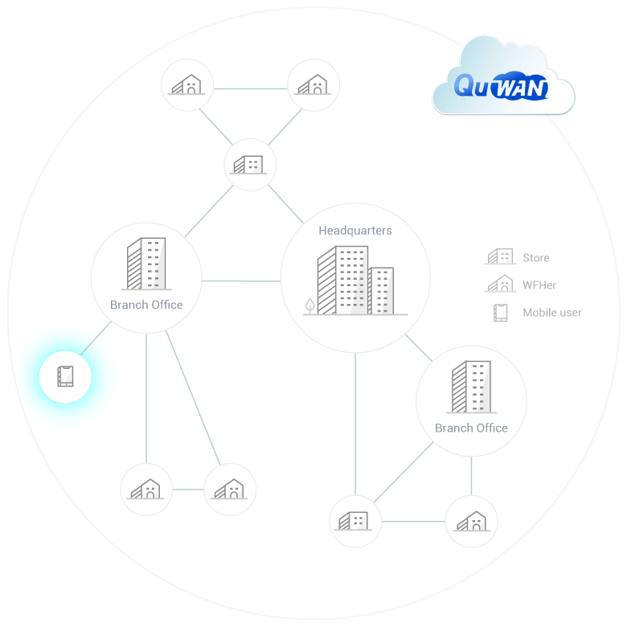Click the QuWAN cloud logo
click(x=502, y=84)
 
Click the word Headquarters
click(x=355, y=231)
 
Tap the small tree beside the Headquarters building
click(x=309, y=305)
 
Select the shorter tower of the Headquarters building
click(x=381, y=291)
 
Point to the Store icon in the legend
click(x=499, y=257)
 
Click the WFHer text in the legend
click(x=539, y=285)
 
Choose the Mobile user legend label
click(x=551, y=313)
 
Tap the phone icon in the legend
click(x=500, y=313)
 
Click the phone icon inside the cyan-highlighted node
click(x=65, y=376)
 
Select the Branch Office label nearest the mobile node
click(x=146, y=305)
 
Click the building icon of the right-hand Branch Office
click(x=471, y=387)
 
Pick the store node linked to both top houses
click(x=250, y=164)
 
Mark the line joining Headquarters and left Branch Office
click(x=240, y=281)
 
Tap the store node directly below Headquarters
click(x=355, y=521)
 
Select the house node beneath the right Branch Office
click(x=471, y=521)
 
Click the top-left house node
click(x=187, y=84)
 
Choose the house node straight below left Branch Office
click(x=146, y=489)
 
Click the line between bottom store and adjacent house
click(x=413, y=521)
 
